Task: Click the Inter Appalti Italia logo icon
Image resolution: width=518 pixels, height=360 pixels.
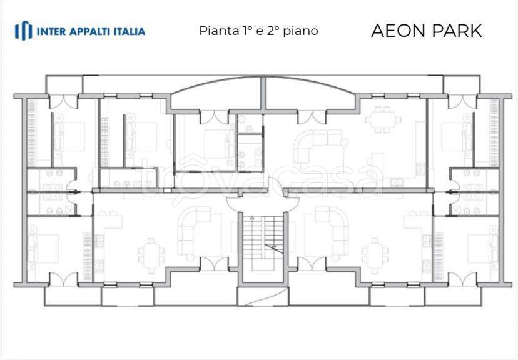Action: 23,30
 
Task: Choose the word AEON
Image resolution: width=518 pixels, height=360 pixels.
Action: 397,30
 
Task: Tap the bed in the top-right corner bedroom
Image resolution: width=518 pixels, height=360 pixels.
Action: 455,133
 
